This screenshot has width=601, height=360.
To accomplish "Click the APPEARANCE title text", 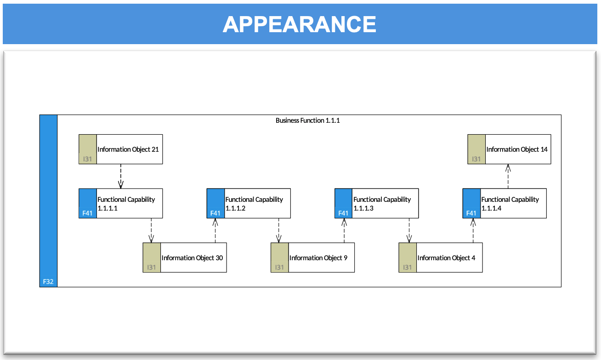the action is coord(300,24).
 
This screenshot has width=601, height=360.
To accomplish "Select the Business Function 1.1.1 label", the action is coord(307,120).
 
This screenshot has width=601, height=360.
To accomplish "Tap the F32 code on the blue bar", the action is coord(48,282).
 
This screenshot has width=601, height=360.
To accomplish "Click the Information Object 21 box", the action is coord(121,149).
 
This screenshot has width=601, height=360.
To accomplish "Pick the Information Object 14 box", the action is coord(509,149).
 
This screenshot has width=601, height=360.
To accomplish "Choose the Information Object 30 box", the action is coord(185,258).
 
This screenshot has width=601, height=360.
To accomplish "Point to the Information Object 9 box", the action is coord(312,258).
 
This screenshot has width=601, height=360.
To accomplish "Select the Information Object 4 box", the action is coord(441,258).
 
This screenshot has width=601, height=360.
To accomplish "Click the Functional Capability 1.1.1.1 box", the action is coord(121,203).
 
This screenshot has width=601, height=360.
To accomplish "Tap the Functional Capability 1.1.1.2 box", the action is coord(249,203).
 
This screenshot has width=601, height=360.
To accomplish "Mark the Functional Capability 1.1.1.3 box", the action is coord(377,203).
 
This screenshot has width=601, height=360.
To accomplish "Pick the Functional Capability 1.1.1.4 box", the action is coord(505,203).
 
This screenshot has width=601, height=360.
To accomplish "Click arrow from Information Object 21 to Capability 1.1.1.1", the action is coord(121,177).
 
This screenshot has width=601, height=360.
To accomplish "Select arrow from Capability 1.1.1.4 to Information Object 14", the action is coord(508,177).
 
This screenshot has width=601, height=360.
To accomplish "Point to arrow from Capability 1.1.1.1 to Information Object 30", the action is coord(151,231).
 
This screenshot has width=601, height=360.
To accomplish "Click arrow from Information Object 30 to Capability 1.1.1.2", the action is coord(215,231).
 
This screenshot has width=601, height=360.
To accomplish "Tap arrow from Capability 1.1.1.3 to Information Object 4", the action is coord(409,231).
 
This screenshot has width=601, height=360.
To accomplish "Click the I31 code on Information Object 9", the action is coord(279,268).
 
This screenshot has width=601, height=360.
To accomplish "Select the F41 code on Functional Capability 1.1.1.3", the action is coord(343,213).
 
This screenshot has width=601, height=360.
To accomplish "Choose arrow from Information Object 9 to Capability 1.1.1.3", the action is coord(344,231).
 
